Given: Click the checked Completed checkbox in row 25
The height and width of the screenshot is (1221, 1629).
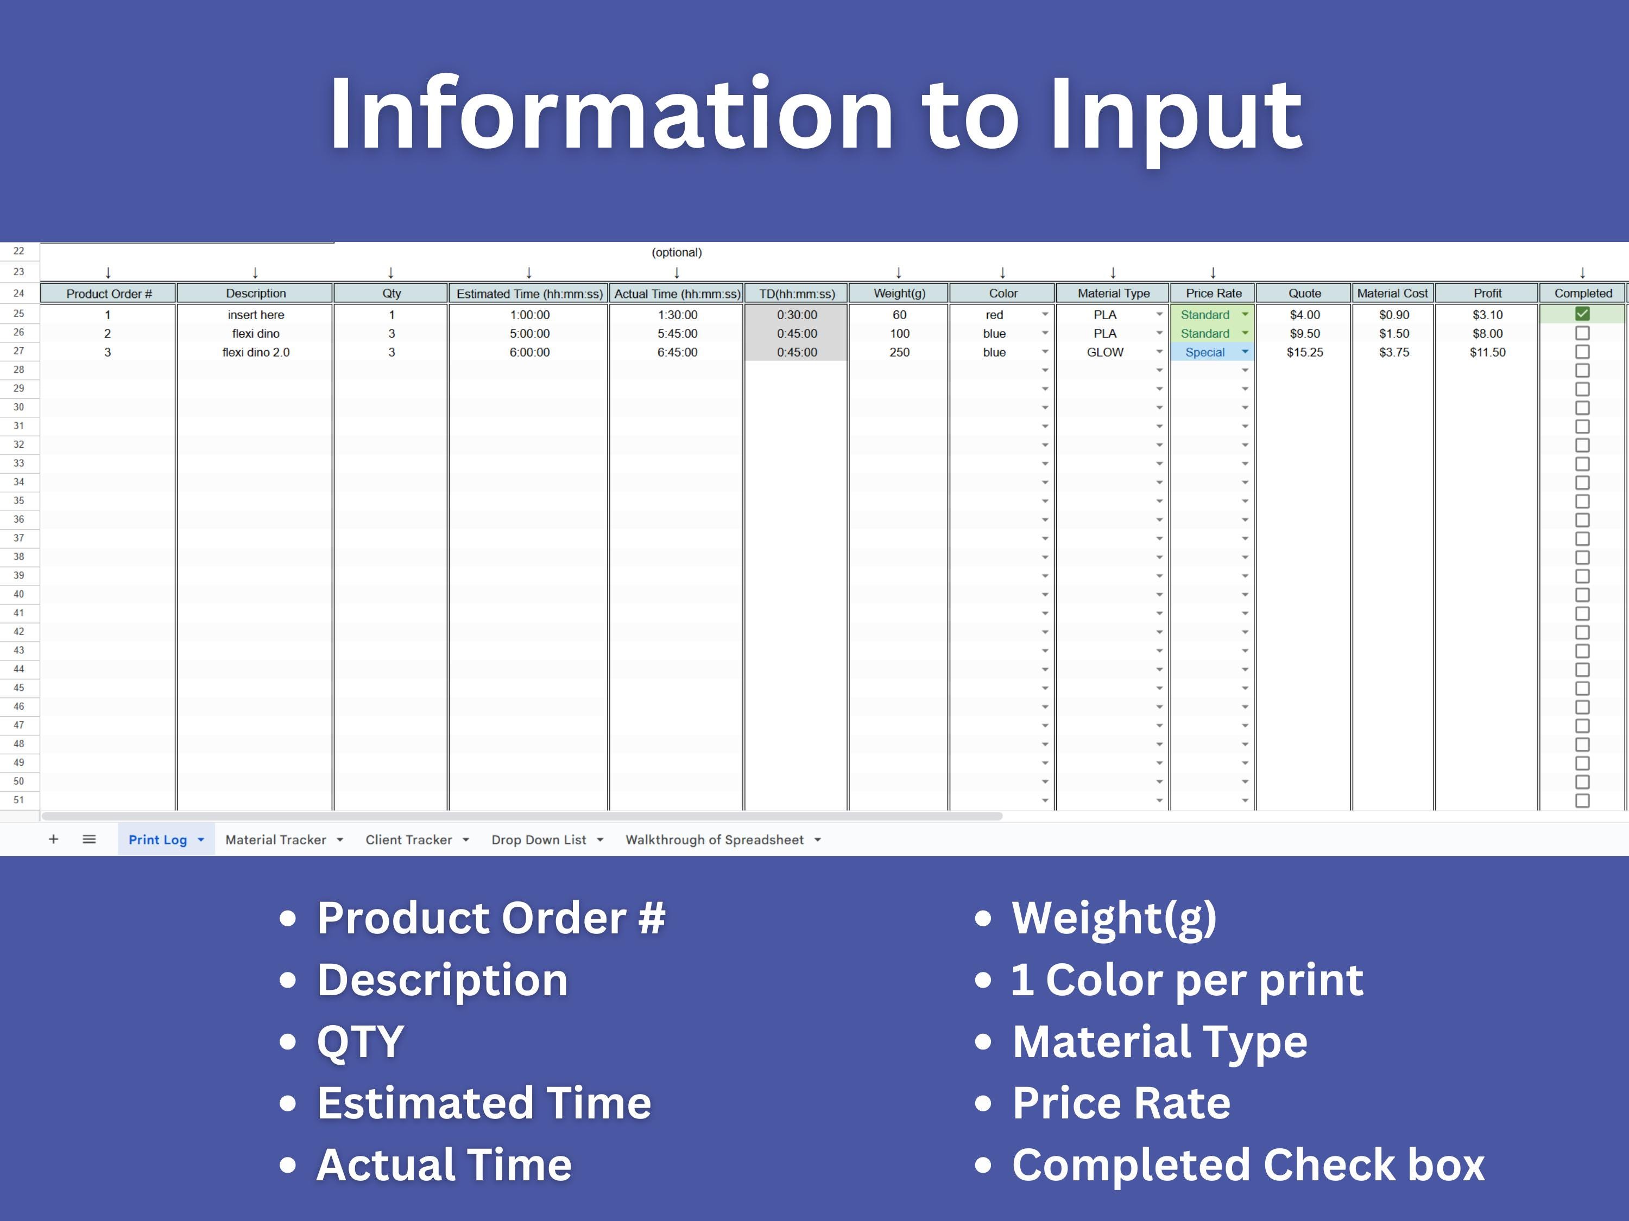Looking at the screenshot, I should (x=1582, y=314).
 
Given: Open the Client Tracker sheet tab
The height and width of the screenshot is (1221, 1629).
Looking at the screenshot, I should (x=409, y=840).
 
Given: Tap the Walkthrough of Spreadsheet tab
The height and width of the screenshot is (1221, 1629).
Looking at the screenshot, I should (x=715, y=840).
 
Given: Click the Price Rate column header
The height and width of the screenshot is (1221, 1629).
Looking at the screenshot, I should (x=1213, y=293).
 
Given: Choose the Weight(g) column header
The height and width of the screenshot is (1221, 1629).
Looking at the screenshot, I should (x=899, y=293).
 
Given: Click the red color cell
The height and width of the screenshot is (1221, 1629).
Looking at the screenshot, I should (x=994, y=315).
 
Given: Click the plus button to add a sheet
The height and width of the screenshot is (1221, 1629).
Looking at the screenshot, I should (x=53, y=839).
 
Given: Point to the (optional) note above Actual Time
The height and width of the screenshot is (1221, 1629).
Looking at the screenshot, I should (x=676, y=252).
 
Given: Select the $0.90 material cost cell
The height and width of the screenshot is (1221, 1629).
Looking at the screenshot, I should (x=1393, y=315).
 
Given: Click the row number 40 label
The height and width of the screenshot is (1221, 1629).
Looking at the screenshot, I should (x=19, y=594).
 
